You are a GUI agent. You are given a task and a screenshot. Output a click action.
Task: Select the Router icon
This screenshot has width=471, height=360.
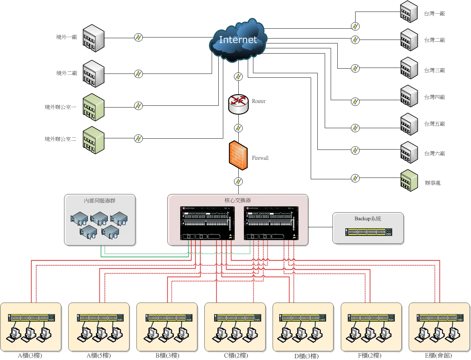238,104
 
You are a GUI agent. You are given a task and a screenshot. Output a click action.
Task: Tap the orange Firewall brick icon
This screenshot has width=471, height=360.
238,155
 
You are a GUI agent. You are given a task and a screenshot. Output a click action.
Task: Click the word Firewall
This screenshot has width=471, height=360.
260,158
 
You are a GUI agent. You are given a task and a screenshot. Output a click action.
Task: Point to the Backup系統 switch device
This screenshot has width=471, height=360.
368,232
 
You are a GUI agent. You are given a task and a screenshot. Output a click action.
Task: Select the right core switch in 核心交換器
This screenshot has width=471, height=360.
271,223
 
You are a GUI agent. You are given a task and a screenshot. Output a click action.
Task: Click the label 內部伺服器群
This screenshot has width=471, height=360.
100,201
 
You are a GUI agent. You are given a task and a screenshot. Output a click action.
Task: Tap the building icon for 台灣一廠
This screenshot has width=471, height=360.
409,12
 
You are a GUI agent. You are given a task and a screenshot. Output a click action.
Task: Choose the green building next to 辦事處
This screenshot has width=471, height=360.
409,181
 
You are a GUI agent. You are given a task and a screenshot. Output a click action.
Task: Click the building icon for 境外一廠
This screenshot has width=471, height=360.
93,38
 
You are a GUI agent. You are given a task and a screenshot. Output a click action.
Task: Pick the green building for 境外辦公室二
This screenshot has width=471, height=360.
93,140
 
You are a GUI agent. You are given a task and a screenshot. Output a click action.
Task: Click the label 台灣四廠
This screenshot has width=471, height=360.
434,97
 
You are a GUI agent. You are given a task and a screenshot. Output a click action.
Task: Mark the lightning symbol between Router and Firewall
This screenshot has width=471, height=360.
238,128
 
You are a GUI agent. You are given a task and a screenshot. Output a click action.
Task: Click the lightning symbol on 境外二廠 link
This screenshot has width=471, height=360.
139,74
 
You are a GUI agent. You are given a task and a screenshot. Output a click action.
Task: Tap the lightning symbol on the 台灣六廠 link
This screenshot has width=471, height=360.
355,150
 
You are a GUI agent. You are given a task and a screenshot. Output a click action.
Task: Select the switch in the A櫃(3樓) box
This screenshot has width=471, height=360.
31,318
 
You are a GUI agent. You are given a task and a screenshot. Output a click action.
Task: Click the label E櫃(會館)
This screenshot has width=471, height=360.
438,355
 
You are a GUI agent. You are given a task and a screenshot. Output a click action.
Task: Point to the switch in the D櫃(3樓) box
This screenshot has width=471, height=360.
303,318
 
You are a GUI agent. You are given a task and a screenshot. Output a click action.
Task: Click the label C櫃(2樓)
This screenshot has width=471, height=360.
236,355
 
